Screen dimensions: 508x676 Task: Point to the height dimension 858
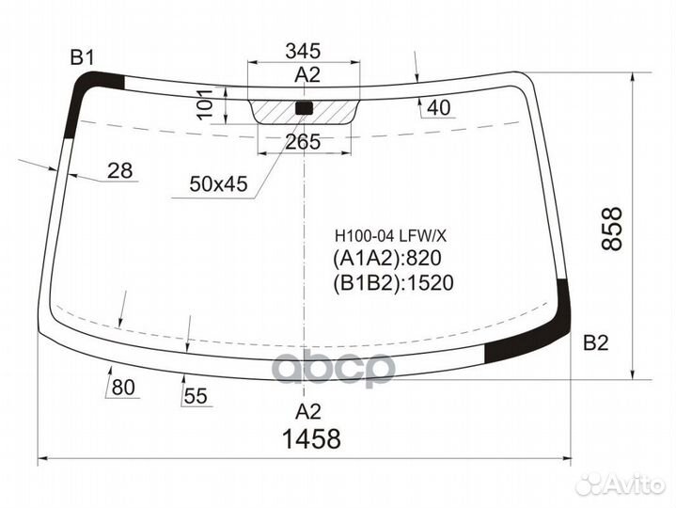click(x=612, y=228)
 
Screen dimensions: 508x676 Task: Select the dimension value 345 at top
click(x=303, y=51)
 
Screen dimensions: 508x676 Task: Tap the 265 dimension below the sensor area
click(x=303, y=142)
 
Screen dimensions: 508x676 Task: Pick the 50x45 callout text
click(x=217, y=185)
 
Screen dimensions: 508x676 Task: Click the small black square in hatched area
click(x=304, y=107)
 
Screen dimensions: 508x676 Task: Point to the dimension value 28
click(x=119, y=170)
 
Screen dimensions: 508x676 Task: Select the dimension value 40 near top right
click(x=438, y=108)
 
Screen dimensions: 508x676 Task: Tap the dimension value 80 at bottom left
click(x=123, y=387)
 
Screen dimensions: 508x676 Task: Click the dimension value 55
click(x=195, y=396)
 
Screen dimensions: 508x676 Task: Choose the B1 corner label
click(x=83, y=58)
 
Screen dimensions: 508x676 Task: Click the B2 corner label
click(x=596, y=342)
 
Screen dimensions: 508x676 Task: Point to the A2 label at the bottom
click(x=308, y=411)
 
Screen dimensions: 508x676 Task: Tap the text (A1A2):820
click(x=386, y=259)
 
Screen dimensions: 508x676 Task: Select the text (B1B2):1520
click(x=393, y=282)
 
